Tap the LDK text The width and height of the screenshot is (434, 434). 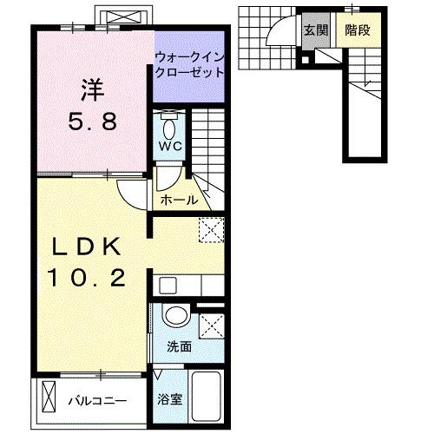click(87, 247)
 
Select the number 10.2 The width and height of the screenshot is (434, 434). click(87, 279)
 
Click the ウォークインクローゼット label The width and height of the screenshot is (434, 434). click(188, 65)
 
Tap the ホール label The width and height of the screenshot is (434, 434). click(179, 201)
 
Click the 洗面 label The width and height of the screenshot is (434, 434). click(180, 345)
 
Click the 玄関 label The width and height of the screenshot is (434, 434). click(314, 30)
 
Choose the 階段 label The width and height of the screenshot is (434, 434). click(358, 30)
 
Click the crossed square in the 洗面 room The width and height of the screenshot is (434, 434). click(211, 326)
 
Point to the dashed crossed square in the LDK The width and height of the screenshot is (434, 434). click(211, 230)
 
